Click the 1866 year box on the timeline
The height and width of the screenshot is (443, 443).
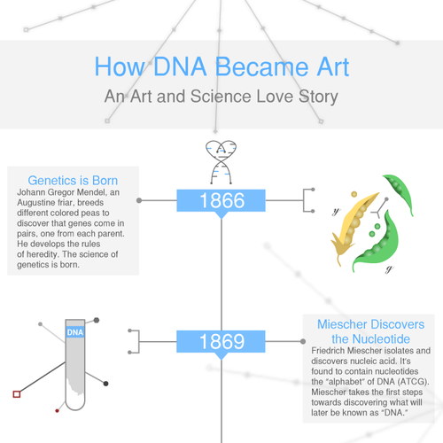(x=221, y=201)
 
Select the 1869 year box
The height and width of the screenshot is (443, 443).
(x=221, y=340)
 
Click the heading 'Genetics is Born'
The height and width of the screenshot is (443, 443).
(x=72, y=179)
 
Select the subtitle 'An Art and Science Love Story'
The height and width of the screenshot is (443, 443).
(x=221, y=96)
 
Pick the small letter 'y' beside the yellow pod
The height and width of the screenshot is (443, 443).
(x=335, y=213)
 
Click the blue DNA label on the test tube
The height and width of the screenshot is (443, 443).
(x=76, y=332)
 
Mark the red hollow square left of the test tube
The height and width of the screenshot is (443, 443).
(x=16, y=393)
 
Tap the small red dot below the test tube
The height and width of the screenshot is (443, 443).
(x=58, y=410)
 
